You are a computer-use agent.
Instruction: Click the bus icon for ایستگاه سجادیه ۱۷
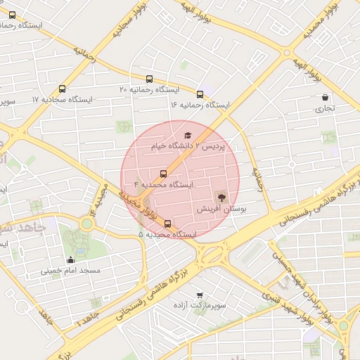pyautogui.click(x=63, y=89)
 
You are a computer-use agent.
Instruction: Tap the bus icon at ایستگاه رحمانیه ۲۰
pyautogui.click(x=148, y=79)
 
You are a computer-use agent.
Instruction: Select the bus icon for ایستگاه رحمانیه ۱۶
pyautogui.click(x=200, y=94)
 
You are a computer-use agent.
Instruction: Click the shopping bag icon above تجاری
pyautogui.click(x=325, y=98)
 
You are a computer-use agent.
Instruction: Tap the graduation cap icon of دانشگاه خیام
pyautogui.click(x=187, y=136)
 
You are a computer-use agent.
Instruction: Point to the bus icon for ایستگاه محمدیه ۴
pyautogui.click(x=163, y=174)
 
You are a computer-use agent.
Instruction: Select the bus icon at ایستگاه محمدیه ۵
pyautogui.click(x=167, y=224)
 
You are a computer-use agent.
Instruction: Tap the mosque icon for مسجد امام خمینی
pyautogui.click(x=70, y=259)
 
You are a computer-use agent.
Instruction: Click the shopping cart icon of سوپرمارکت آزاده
pyautogui.click(x=200, y=295)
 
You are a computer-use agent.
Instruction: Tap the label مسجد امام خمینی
pyautogui.click(x=70, y=270)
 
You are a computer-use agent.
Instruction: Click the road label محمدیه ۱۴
pyautogui.click(x=98, y=200)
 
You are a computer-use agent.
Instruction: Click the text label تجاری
pyautogui.click(x=325, y=109)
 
